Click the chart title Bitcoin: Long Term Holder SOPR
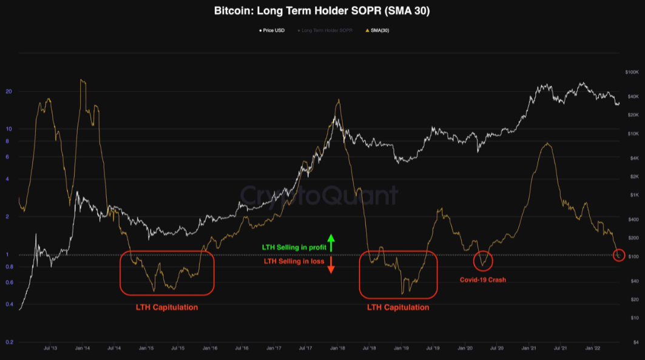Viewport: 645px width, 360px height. (x=322, y=10)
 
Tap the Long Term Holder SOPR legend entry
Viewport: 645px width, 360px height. (x=326, y=30)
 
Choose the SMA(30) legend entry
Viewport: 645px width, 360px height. (x=377, y=30)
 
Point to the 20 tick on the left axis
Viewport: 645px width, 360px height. (x=9, y=92)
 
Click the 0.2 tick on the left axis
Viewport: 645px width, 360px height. (x=9, y=342)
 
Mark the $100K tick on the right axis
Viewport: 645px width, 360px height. (x=632, y=72)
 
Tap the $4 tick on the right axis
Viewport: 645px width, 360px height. (x=635, y=342)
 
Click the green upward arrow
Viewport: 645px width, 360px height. (x=331, y=242)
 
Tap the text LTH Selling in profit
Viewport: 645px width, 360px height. (x=294, y=248)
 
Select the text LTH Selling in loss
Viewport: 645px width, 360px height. (x=294, y=261)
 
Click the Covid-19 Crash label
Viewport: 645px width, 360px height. (x=483, y=280)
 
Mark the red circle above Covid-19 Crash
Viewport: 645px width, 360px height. (x=483, y=260)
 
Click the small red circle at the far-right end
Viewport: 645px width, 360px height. (x=619, y=256)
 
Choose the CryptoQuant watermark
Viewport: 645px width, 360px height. (x=319, y=195)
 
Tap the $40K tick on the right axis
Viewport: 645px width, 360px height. (x=633, y=97)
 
